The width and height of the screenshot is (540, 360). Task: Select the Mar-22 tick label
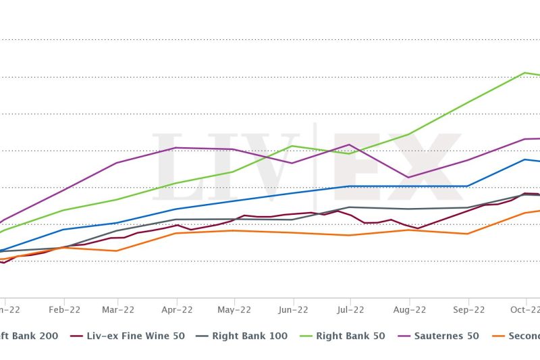pos(118,310)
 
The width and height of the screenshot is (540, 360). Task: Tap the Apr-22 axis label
pos(176,310)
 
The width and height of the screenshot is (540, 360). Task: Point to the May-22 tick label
pos(234,310)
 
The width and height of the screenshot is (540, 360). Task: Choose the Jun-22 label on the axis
pos(292,310)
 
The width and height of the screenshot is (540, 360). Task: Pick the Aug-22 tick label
pos(408,310)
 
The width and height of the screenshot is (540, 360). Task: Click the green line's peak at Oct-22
pos(524,72)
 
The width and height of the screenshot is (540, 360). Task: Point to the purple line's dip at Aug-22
pos(408,178)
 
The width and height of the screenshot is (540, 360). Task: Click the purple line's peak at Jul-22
pos(349,145)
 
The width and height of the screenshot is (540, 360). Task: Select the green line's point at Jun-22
pos(292,146)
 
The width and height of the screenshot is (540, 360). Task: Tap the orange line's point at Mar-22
pos(118,251)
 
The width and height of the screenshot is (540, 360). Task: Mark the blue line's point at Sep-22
pos(467,186)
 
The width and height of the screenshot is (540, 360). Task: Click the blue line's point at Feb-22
pos(63,230)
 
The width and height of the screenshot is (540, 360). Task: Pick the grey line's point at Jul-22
pos(349,207)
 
